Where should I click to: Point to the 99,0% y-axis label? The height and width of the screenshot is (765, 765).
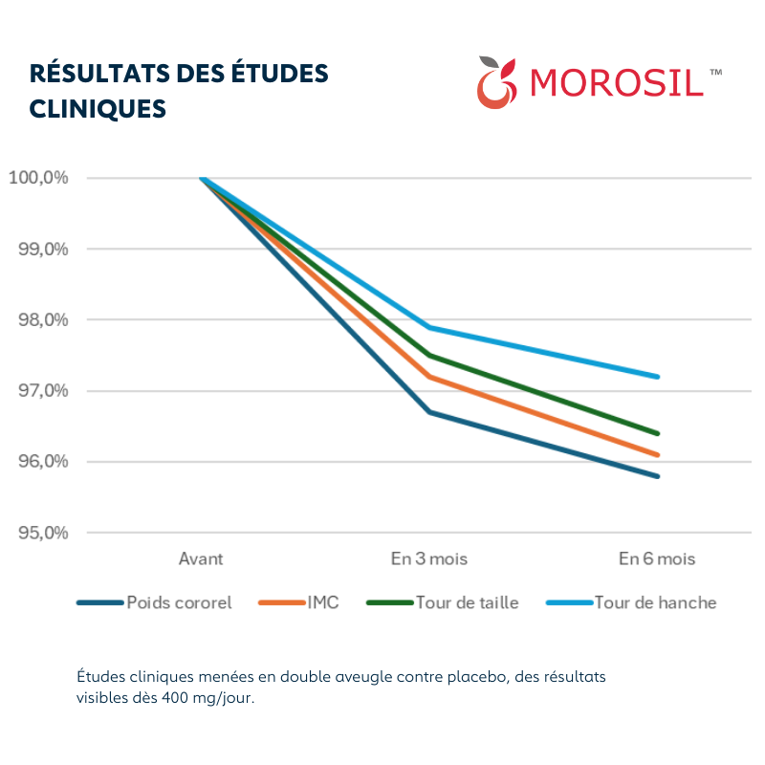tap(38, 249)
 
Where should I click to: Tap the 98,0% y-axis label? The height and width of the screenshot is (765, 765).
tap(38, 319)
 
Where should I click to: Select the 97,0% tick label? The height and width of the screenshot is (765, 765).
tap(38, 391)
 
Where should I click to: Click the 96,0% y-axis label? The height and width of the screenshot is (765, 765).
tap(38, 462)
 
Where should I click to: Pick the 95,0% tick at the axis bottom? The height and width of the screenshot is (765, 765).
tap(38, 533)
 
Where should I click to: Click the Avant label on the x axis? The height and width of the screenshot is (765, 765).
tap(201, 558)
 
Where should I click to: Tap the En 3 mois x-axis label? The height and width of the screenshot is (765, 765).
tap(428, 558)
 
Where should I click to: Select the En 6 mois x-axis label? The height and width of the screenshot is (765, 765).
tap(656, 558)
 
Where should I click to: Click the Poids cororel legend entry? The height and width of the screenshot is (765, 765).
tap(179, 603)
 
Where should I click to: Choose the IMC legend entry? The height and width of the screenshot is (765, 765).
tap(323, 603)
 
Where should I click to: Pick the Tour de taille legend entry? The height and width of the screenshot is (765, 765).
tap(467, 603)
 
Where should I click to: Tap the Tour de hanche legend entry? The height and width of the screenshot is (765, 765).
tap(655, 603)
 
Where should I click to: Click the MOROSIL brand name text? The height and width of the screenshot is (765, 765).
tap(616, 82)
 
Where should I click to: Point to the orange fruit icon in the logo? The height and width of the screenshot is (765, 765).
tap(495, 83)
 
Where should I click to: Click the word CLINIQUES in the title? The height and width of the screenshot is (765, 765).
tap(98, 108)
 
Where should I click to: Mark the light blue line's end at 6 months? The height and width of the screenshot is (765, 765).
tap(658, 377)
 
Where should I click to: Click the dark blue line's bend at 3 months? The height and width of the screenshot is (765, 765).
tap(429, 412)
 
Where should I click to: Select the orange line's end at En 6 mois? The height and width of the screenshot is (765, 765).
tap(658, 455)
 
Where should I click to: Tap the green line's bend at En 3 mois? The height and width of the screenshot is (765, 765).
tap(429, 355)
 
